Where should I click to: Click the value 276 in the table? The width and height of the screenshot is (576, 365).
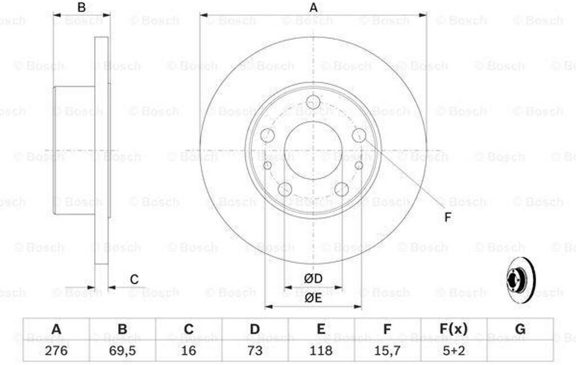[56, 350]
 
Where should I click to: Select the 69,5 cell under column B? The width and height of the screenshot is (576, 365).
[122, 350]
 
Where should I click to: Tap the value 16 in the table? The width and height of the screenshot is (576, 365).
[188, 350]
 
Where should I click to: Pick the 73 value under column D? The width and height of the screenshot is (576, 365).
[255, 350]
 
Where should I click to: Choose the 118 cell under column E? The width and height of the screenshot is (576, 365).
[321, 350]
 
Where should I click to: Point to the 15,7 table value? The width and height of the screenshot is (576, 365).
[387, 350]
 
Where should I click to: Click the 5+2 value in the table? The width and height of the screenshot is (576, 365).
[454, 350]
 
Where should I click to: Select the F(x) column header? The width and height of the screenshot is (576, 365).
[454, 329]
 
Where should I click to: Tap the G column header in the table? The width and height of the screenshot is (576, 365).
[520, 328]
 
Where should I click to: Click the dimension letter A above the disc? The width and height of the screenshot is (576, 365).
[313, 7]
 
